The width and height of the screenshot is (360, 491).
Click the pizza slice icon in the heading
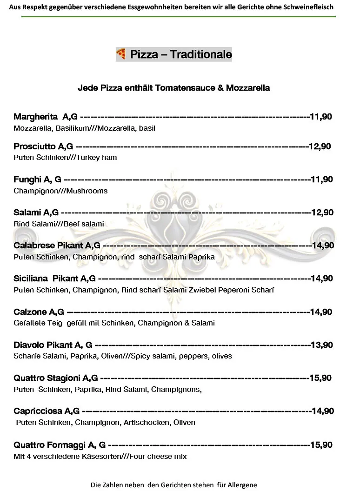121,54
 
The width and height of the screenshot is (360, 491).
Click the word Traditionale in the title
201,54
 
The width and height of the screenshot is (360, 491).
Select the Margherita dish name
35,117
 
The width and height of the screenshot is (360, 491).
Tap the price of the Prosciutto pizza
320,146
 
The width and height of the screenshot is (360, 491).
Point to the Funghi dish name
27,179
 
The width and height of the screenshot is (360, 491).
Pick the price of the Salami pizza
322,212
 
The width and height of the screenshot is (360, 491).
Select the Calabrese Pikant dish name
48,245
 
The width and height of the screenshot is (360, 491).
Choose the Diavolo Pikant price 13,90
322,345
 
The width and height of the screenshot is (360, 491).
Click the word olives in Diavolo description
222,356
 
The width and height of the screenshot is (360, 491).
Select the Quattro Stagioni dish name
48,378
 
